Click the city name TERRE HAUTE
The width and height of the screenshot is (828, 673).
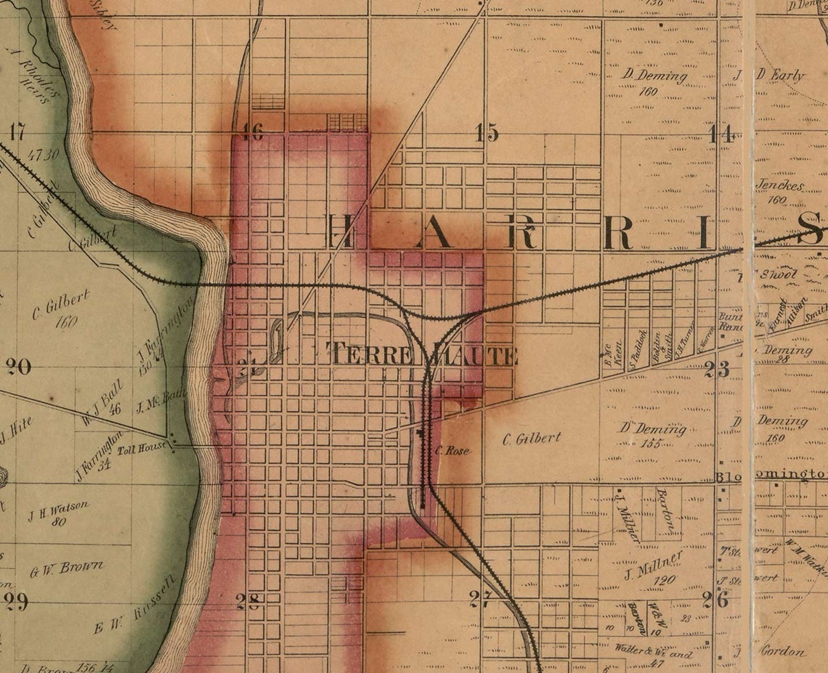click(423, 355)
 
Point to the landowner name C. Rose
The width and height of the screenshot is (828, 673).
click(453, 450)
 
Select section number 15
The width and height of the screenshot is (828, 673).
click(487, 133)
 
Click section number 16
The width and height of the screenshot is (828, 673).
click(252, 132)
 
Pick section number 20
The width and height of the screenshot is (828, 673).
click(18, 367)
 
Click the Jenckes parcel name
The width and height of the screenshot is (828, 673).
click(779, 186)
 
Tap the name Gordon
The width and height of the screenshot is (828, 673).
click(783, 650)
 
